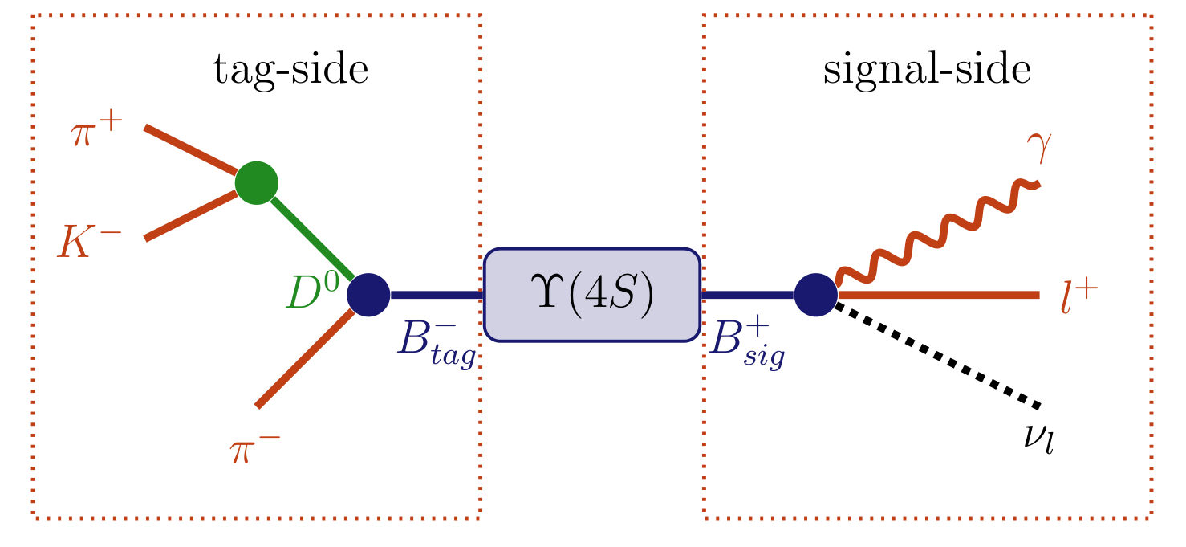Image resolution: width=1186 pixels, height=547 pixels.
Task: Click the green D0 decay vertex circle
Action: point(257,183)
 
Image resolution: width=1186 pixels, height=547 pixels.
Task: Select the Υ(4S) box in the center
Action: point(591,295)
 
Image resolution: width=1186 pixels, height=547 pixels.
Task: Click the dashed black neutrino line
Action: point(939,354)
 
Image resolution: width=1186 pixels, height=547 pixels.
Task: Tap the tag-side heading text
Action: point(290,71)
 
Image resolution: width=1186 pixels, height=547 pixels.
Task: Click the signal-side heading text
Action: point(926,71)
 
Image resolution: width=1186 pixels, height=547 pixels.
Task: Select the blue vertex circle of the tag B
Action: point(368,295)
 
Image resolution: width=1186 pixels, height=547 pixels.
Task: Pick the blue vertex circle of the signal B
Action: point(815,295)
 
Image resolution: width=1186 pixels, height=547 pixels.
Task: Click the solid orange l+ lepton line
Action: point(939,296)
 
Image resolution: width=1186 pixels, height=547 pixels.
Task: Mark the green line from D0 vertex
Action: point(314,239)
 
